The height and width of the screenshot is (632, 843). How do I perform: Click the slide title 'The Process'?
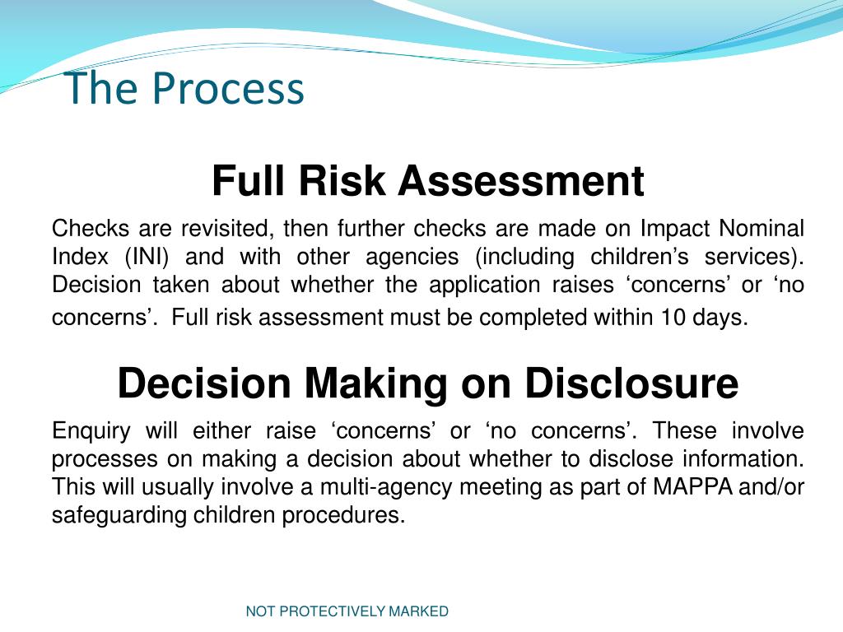[x=184, y=88]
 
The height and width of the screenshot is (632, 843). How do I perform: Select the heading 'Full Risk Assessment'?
[x=427, y=181]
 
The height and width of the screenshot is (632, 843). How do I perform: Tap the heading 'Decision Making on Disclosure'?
[x=427, y=383]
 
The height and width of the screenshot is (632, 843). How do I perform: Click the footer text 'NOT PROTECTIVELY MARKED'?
[x=347, y=611]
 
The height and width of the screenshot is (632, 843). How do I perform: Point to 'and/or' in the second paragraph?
[x=775, y=487]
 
